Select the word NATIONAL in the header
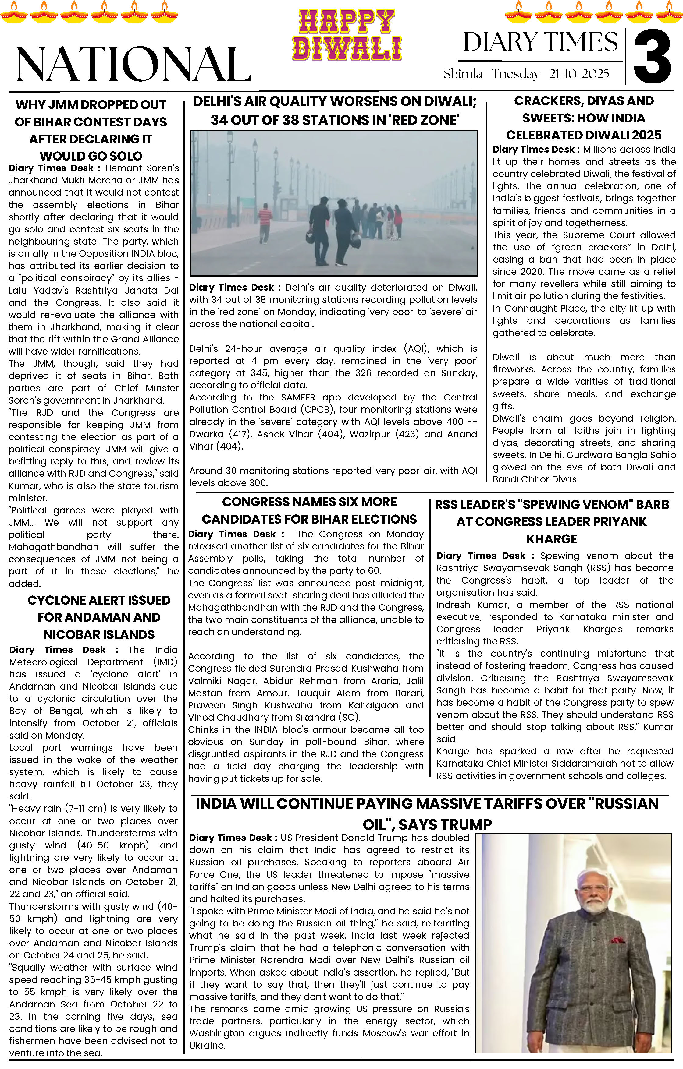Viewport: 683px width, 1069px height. tap(133, 64)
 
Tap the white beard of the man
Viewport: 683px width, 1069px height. tap(595, 903)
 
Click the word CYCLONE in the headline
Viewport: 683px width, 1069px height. tap(56, 600)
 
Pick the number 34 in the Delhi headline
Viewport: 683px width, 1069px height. tap(219, 120)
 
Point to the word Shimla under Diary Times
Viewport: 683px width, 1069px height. tap(463, 74)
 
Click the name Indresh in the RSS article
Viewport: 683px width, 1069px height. tap(453, 605)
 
